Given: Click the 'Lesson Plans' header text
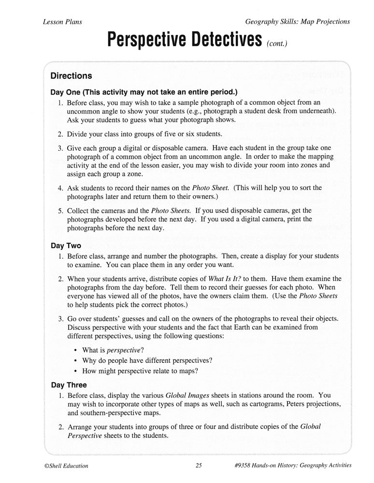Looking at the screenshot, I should coord(62,22).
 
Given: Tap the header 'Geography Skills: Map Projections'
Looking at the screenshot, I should coord(297,22).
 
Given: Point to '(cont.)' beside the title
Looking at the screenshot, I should coord(276,44).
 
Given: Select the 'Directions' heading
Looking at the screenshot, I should coord(71,76).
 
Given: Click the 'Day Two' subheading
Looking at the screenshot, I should coord(66,245).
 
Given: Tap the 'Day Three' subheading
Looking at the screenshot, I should coord(69,385).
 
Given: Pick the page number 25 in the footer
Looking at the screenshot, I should coord(199,466).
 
